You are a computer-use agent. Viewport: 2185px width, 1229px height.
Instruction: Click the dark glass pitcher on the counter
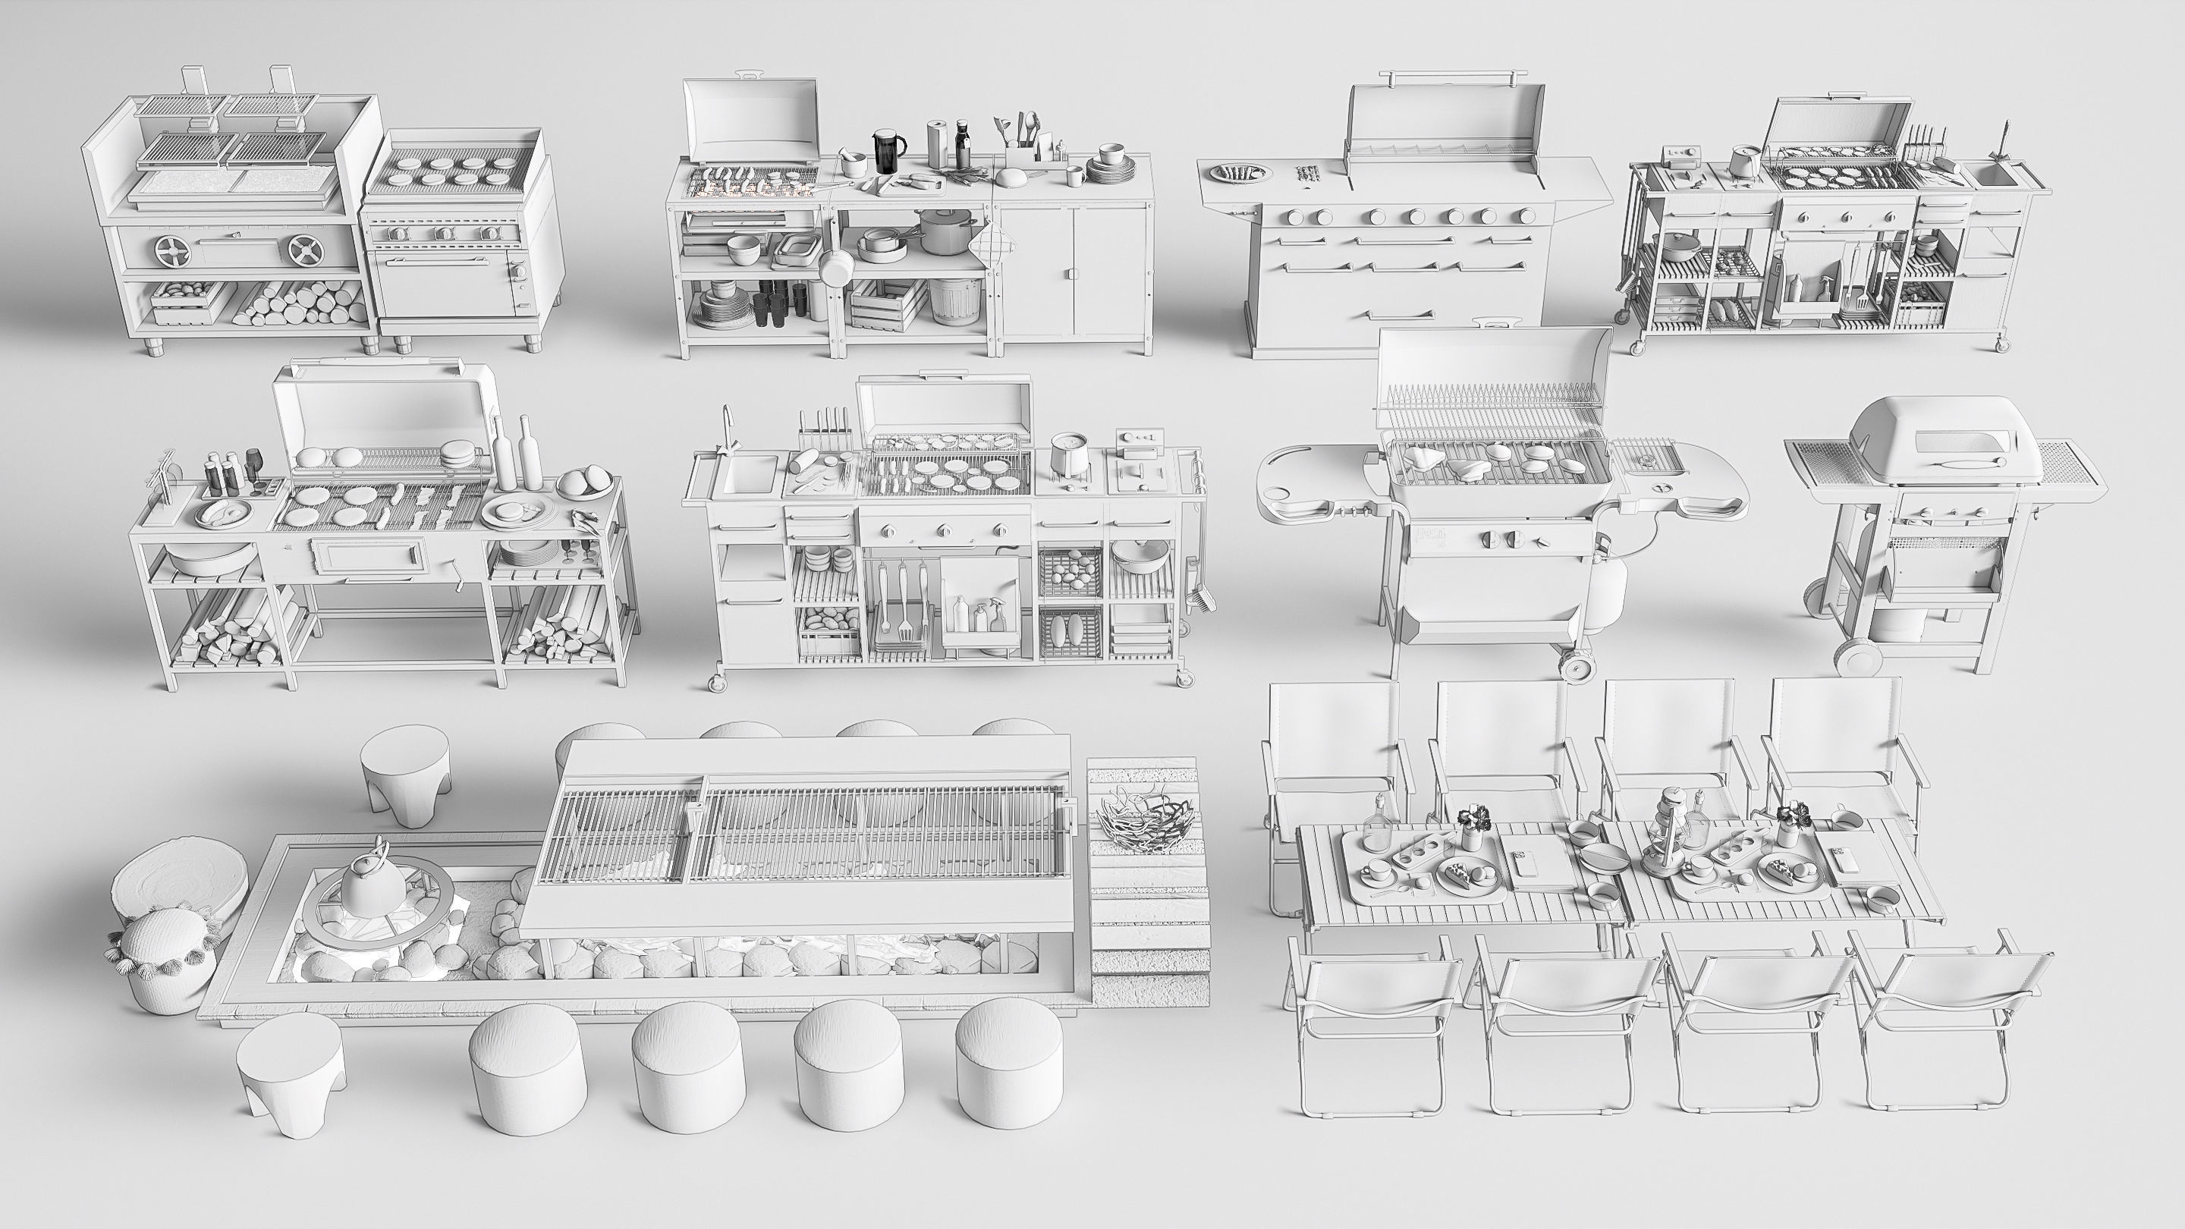pyautogui.click(x=887, y=152)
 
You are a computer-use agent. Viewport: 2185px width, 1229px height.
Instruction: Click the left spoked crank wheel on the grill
pyautogui.click(x=173, y=250)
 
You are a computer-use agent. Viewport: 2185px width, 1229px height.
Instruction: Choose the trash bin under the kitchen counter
pyautogui.click(x=955, y=300)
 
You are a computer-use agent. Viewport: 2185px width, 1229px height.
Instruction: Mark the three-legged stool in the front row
pyautogui.click(x=290, y=1071)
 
